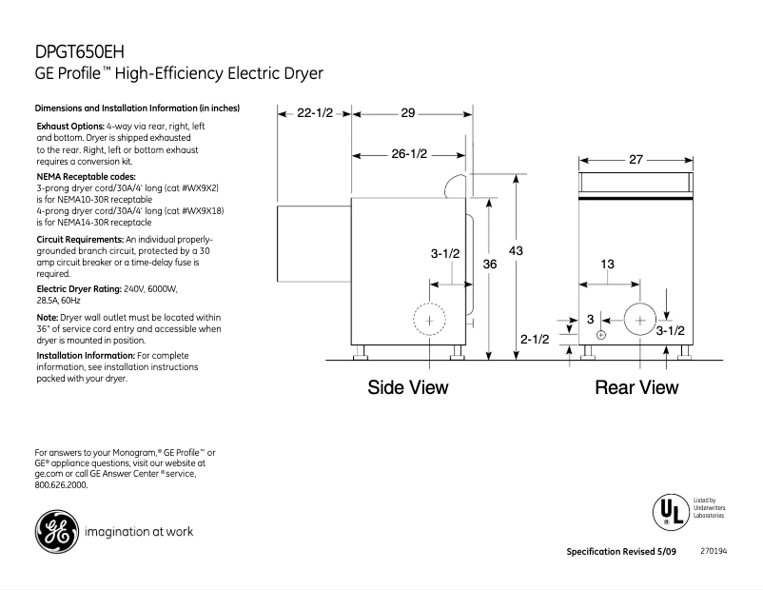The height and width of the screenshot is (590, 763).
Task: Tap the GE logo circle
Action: point(56,531)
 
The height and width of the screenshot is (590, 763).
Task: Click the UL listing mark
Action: point(669,510)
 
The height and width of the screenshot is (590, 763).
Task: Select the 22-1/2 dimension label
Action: point(315,113)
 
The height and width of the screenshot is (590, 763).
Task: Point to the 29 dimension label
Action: point(407,113)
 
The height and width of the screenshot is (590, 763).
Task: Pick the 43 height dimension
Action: point(516,249)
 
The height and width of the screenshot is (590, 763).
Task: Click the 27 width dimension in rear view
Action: point(636,161)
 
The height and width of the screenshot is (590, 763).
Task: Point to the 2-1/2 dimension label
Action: point(534,339)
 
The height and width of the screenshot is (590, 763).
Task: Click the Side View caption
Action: point(408,387)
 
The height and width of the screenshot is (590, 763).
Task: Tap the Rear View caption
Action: point(636,387)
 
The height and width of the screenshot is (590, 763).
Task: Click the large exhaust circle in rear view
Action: point(639,321)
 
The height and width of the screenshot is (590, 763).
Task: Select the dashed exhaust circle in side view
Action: point(430,321)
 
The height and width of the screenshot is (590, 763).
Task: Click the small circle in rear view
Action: point(601,335)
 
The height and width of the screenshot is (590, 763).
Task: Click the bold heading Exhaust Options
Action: point(77,127)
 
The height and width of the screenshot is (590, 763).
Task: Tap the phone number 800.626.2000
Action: point(61,484)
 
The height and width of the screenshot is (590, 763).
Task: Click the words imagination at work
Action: point(139,531)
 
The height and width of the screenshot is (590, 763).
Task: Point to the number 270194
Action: point(714,551)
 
